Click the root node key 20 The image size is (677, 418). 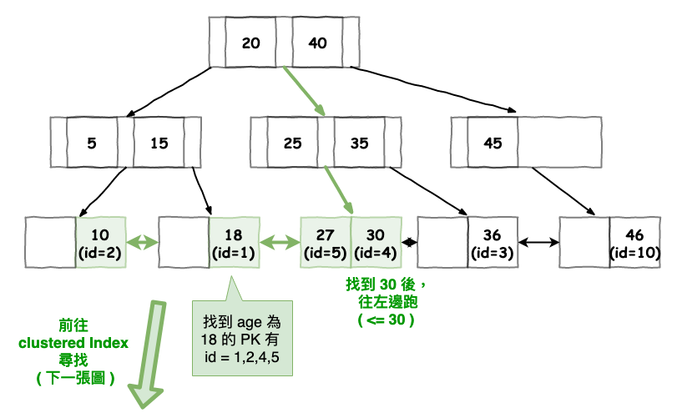tap(250, 43)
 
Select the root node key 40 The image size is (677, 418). tap(318, 43)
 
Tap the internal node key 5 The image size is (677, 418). tap(92, 143)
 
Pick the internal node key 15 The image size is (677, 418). tap(159, 143)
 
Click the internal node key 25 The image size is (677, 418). tap(292, 143)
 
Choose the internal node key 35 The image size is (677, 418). tap(359, 143)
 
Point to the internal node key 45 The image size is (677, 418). tap(493, 143)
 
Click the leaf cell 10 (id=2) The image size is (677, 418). tap(101, 243)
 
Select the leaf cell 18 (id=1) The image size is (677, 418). tap(234, 243)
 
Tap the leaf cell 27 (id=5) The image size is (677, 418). tap(326, 243)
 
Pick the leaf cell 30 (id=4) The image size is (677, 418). tap(376, 243)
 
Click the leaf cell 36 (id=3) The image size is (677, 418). tap(493, 243)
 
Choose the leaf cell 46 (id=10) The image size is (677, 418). tap(634, 243)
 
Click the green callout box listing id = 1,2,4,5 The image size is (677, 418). tap(242, 338)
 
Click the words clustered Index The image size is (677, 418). tap(73, 343)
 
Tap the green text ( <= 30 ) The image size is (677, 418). tap(386, 320)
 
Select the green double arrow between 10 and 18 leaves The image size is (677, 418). tap(143, 243)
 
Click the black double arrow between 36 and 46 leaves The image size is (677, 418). tap(538, 243)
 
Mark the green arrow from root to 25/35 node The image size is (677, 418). tap(304, 91)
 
